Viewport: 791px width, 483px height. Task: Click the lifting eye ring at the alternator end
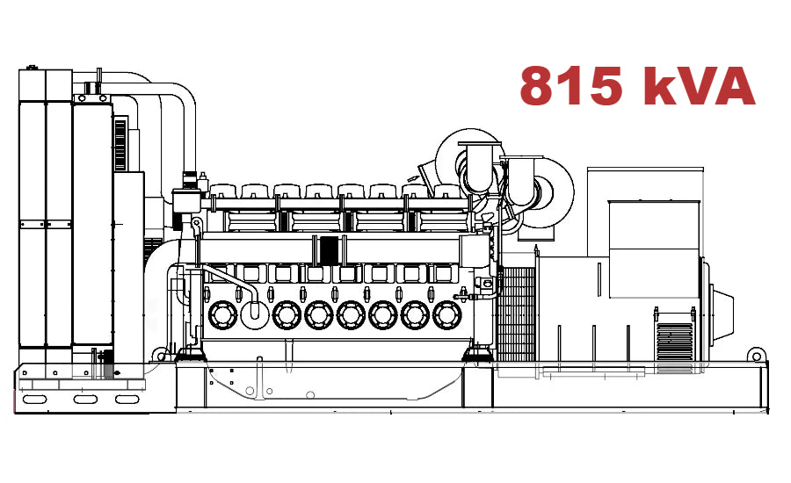755,355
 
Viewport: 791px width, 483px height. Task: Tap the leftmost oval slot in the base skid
36,400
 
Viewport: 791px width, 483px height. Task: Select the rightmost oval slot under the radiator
128,400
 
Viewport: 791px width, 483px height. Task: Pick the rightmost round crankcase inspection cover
447,314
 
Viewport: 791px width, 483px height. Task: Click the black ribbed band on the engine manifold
330,249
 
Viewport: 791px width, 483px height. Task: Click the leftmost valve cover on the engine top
222,191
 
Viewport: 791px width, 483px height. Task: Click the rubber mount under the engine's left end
189,354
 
